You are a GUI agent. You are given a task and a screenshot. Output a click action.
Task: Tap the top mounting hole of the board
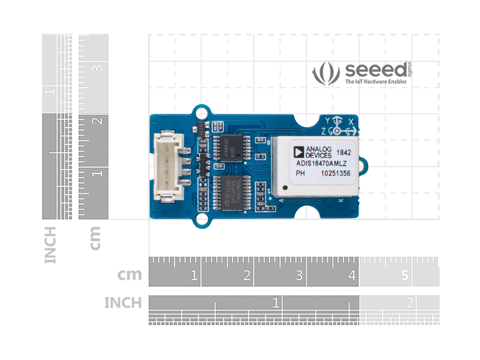[202, 113]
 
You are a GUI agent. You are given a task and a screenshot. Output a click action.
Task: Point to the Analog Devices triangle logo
[299, 152]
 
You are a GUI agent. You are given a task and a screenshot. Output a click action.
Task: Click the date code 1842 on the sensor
[344, 153]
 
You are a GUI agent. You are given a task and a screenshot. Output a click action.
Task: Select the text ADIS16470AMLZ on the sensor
[321, 164]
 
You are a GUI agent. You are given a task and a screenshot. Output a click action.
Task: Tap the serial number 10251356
[335, 173]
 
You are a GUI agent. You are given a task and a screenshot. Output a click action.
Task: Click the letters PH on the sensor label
[300, 173]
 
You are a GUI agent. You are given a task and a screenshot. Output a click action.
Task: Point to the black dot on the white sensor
[285, 187]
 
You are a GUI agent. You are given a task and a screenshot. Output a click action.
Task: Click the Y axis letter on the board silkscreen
[328, 121]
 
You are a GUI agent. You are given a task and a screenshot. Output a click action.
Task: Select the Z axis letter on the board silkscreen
[324, 131]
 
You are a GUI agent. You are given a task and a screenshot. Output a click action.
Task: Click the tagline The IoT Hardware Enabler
[376, 82]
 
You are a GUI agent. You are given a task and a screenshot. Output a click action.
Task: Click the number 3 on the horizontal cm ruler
[299, 275]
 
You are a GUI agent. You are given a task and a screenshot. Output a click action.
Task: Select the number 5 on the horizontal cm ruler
[405, 275]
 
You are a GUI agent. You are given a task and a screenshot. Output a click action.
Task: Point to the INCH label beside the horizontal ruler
[123, 303]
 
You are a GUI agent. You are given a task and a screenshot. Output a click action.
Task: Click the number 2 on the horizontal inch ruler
[410, 303]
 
